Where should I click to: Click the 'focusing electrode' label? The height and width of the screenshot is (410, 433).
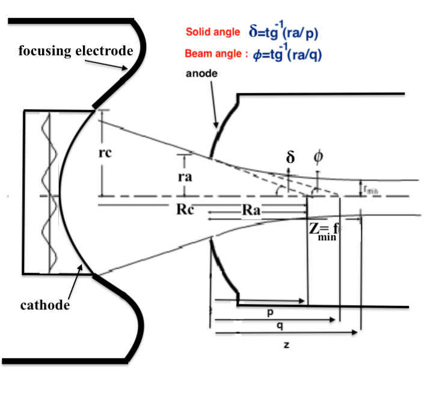pos(75,50)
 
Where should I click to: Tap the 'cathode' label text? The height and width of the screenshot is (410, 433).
pos(43,305)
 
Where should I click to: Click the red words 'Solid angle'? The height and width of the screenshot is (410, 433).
pos(213,32)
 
